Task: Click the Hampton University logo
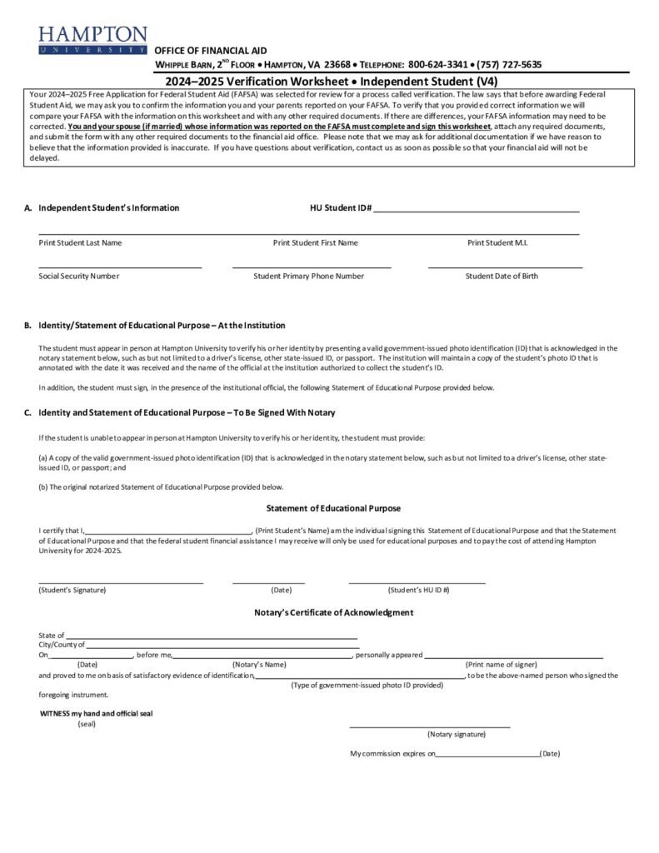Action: (x=92, y=40)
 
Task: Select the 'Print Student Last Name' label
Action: (x=80, y=242)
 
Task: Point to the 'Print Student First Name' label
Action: (x=315, y=242)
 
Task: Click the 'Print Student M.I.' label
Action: (x=497, y=242)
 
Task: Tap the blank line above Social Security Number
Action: (x=120, y=267)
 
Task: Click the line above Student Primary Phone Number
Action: (x=312, y=267)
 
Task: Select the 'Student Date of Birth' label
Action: (x=502, y=276)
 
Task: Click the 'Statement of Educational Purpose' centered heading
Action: (x=333, y=508)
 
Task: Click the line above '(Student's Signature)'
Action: (x=121, y=582)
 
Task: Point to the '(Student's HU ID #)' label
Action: (x=418, y=590)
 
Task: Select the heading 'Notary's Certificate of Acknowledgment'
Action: (x=333, y=612)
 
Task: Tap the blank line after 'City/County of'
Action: (x=222, y=646)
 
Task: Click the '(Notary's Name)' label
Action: (x=259, y=664)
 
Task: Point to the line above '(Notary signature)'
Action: (x=429, y=726)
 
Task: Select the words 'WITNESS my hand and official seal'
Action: (x=97, y=713)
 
